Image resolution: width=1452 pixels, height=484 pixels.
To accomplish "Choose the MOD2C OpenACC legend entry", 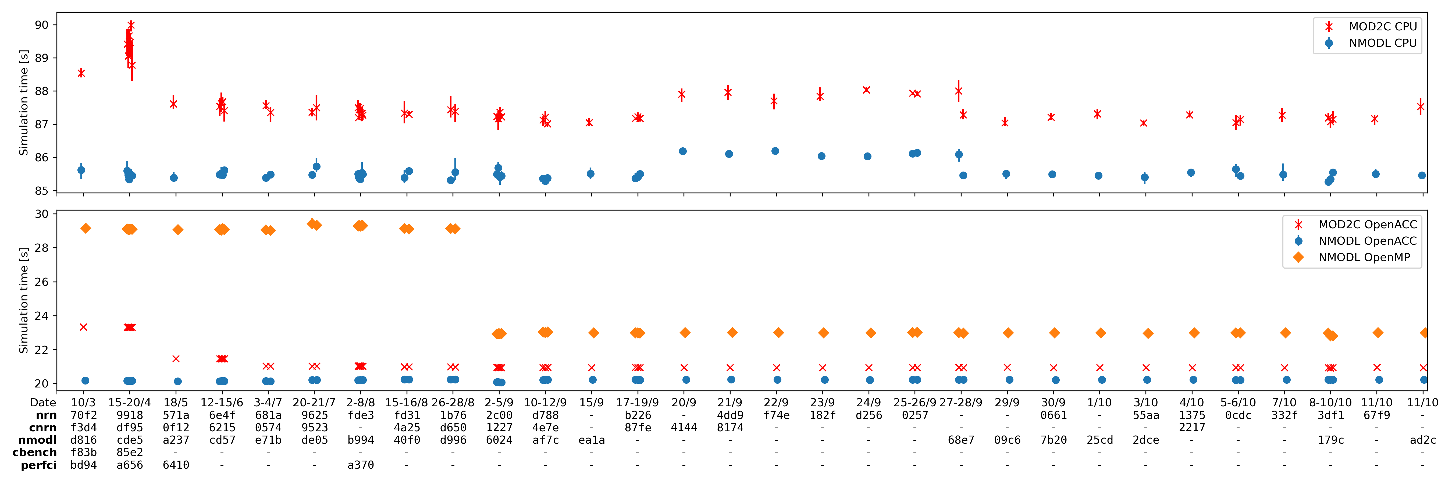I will [1367, 224].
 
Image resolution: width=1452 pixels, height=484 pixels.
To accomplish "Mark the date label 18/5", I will [176, 402].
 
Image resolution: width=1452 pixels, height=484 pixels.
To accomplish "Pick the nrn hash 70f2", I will [83, 415].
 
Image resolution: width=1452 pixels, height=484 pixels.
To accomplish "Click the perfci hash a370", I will [361, 465].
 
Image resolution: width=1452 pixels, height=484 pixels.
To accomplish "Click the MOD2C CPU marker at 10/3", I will [81, 73].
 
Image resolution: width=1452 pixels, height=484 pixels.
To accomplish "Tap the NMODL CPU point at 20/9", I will [683, 151].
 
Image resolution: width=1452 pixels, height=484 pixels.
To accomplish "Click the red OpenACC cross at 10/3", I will [83, 327].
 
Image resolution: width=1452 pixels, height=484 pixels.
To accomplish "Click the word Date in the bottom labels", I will [43, 402].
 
